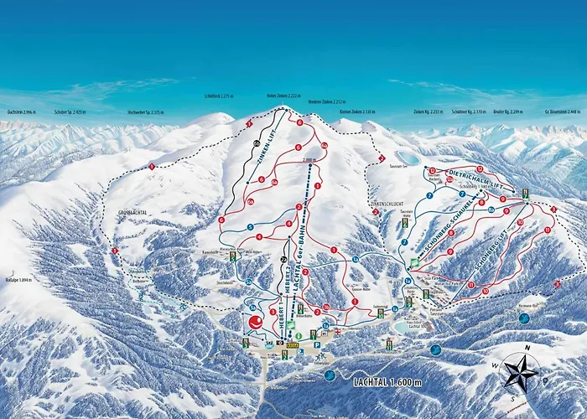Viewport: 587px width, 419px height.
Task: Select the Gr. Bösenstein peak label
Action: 560,111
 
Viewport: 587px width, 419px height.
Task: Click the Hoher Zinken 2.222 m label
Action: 282,96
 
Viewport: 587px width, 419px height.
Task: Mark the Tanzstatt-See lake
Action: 408,158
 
